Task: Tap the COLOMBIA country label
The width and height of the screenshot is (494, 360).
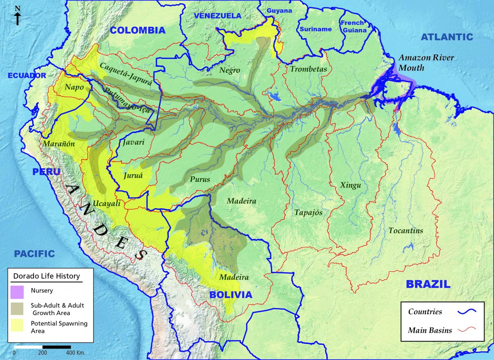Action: pyautogui.click(x=138, y=30)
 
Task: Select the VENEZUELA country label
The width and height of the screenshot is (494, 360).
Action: pyautogui.click(x=217, y=16)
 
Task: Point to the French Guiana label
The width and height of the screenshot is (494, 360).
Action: pyautogui.click(x=353, y=26)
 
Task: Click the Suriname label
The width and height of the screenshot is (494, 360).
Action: pyautogui.click(x=316, y=29)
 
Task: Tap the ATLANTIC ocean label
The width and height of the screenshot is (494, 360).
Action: pyautogui.click(x=447, y=37)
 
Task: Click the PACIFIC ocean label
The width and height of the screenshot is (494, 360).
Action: pyautogui.click(x=34, y=254)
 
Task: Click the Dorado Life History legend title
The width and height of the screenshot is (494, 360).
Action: pyautogui.click(x=46, y=276)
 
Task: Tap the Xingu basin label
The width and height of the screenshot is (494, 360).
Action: pyautogui.click(x=350, y=185)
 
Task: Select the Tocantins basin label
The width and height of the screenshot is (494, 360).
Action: pyautogui.click(x=405, y=230)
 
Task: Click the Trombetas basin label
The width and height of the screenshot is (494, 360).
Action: pyautogui.click(x=308, y=69)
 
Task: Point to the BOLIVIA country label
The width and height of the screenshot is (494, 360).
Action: pyautogui.click(x=231, y=295)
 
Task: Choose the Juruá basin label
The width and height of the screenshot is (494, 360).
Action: pyautogui.click(x=133, y=176)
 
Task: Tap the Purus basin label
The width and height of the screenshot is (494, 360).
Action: pyautogui.click(x=200, y=179)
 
